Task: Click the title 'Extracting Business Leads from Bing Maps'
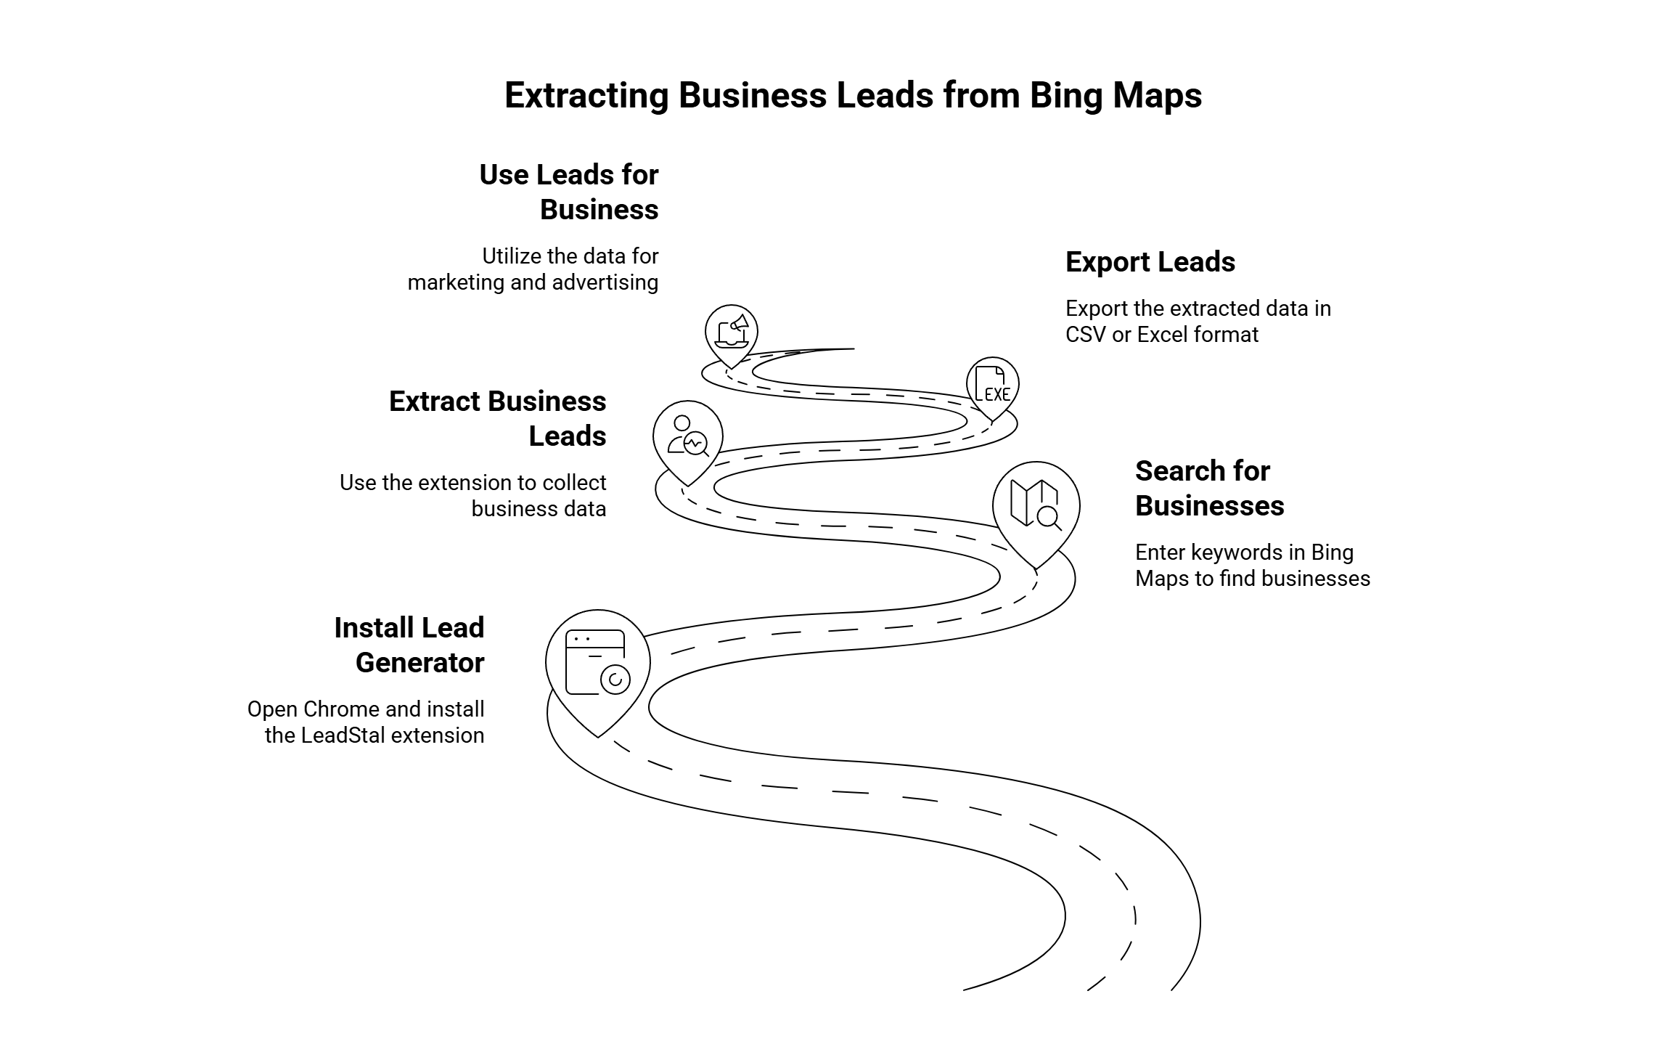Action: tap(853, 96)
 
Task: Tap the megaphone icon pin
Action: tap(732, 333)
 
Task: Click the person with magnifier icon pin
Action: tap(688, 436)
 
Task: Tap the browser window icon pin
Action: tap(597, 663)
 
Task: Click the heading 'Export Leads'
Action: tap(1150, 262)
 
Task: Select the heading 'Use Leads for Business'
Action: tap(569, 192)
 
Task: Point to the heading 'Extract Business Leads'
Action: tap(498, 419)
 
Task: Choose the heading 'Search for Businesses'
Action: tap(1209, 489)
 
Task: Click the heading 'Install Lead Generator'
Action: tap(409, 645)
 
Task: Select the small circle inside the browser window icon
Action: tap(615, 680)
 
